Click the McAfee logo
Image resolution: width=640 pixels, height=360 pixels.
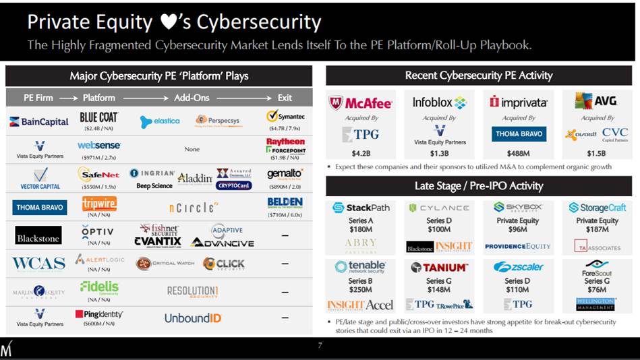(360, 103)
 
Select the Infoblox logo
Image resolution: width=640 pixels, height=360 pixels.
(440, 102)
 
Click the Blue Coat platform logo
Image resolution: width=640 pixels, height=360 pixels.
(98, 117)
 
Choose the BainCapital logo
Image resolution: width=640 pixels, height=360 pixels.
(39, 122)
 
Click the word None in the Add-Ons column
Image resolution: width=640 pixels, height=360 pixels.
(192, 149)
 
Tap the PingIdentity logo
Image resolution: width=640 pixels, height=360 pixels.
(98, 314)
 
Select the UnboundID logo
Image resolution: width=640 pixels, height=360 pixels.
(193, 318)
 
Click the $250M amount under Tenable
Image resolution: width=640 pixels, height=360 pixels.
(360, 290)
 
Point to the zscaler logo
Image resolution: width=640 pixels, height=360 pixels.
(518, 267)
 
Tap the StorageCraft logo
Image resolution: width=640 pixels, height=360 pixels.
(598, 208)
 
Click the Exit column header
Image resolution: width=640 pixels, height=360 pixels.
(285, 98)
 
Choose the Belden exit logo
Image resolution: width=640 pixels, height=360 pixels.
(285, 202)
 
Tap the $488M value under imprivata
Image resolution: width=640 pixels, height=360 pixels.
(518, 153)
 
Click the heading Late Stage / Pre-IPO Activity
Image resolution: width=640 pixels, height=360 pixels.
(479, 185)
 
